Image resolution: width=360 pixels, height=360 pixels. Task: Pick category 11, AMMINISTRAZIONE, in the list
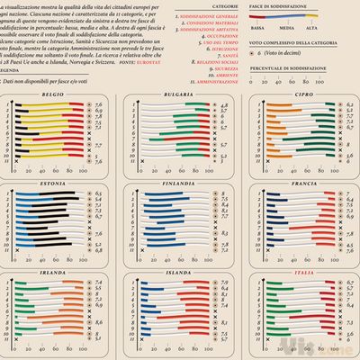click(x=217, y=79)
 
